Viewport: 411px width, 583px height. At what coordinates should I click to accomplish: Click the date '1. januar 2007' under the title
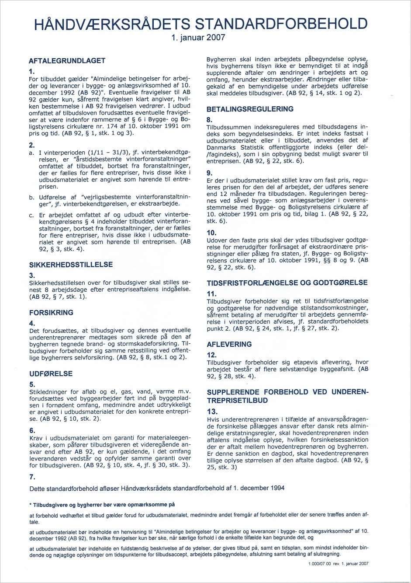coord(198,38)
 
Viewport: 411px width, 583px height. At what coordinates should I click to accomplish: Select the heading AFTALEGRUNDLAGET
coord(67,60)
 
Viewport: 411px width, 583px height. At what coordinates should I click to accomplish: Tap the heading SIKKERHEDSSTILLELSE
coord(71,265)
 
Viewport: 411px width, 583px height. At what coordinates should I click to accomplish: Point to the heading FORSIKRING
coord(51,313)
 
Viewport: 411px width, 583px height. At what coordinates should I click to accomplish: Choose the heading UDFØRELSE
coord(51,374)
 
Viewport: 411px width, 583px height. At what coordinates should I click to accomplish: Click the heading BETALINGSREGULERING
coord(250,109)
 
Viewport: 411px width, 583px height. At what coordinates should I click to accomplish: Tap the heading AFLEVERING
coord(229,344)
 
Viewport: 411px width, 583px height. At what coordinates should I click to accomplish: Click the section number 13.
coord(212,412)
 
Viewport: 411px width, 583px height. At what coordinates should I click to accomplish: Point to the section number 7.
coord(31,477)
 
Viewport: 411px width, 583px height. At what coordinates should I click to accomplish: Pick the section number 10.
coord(211,233)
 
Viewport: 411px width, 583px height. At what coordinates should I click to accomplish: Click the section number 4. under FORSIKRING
coord(31,323)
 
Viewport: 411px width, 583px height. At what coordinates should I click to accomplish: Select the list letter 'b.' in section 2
coord(31,198)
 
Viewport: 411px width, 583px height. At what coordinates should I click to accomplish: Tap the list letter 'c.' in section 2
coord(31,215)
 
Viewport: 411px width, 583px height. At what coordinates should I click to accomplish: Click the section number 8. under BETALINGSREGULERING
coord(210,120)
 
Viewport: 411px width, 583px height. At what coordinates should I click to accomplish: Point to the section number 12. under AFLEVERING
coord(211,355)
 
